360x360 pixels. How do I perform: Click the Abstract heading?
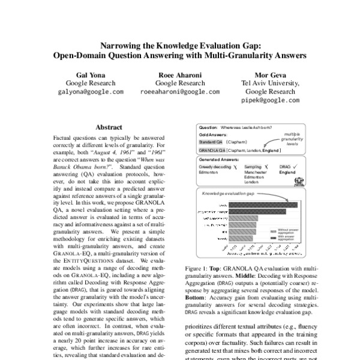click(109, 127)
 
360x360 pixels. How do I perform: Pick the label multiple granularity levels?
click(292, 139)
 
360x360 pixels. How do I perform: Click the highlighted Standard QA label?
click(211, 142)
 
